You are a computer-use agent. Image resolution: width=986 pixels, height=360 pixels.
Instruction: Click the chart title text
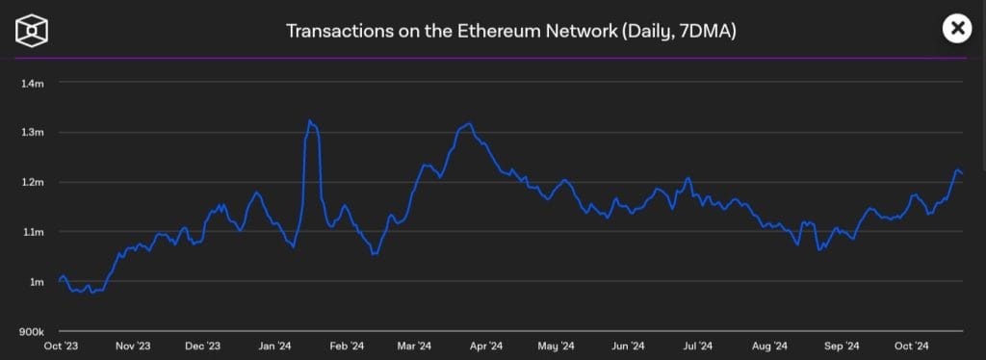pyautogui.click(x=511, y=31)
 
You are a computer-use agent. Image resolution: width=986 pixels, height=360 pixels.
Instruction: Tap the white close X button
pyautogui.click(x=957, y=29)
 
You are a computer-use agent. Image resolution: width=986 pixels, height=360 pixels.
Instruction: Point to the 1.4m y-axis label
pyautogui.click(x=33, y=83)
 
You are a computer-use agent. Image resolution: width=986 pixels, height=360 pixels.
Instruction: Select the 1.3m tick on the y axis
pyautogui.click(x=33, y=132)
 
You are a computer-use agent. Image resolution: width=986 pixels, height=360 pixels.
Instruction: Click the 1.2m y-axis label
pyautogui.click(x=33, y=182)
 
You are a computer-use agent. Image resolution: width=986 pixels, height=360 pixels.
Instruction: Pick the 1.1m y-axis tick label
pyautogui.click(x=33, y=232)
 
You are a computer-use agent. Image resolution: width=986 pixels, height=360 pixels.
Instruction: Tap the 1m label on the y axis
pyautogui.click(x=38, y=282)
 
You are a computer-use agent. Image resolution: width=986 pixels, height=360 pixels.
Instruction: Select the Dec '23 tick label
pyautogui.click(x=201, y=346)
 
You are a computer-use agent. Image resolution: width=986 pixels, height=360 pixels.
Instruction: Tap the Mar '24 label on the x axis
pyautogui.click(x=414, y=346)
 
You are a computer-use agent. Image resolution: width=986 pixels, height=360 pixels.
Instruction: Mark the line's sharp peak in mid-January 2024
pyautogui.click(x=309, y=121)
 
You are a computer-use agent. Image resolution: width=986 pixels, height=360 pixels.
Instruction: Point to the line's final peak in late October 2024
pyautogui.click(x=957, y=170)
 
